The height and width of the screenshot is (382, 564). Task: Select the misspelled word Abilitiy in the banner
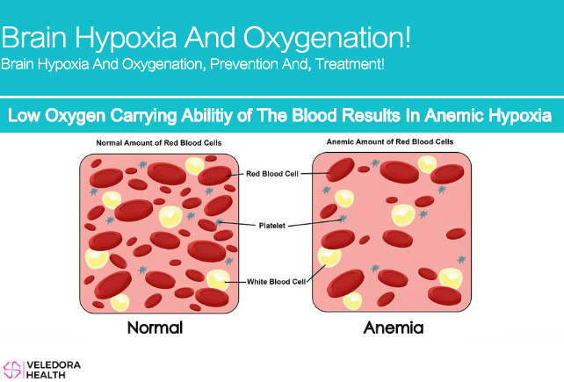(206, 116)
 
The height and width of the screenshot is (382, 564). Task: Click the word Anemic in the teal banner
(452, 115)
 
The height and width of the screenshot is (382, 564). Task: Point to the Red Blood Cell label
(272, 174)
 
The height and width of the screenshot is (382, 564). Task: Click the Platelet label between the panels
(272, 226)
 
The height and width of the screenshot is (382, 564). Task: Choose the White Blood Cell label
(276, 282)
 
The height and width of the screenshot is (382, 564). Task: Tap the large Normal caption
(155, 328)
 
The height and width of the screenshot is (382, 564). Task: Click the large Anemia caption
(394, 328)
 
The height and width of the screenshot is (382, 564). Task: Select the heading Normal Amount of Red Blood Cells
(159, 143)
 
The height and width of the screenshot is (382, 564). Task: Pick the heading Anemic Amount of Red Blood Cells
(390, 141)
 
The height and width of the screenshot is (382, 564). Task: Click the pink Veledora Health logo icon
(12, 370)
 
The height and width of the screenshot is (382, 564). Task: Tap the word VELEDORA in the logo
(54, 365)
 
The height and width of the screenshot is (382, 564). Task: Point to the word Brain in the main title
(34, 37)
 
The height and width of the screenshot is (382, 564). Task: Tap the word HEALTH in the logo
(46, 375)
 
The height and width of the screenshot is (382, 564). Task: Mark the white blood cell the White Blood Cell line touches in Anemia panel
(329, 256)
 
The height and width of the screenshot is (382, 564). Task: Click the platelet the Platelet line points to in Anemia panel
(343, 218)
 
